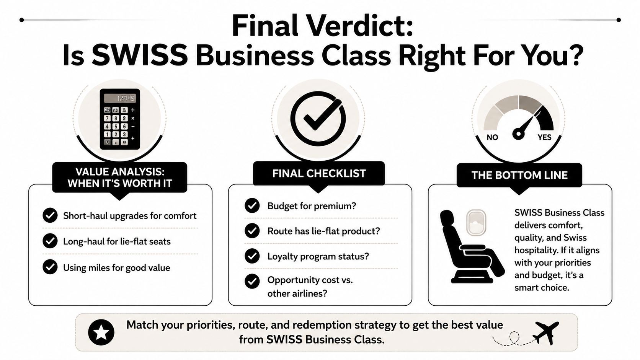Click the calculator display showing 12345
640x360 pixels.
[x=120, y=98]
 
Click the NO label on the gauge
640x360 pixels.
[x=492, y=137]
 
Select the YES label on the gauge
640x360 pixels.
[x=544, y=137]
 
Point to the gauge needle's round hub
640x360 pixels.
[x=518, y=134]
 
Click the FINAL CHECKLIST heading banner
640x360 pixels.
[x=319, y=173]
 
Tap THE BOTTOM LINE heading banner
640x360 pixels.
[x=519, y=175]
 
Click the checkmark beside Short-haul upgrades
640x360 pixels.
[x=50, y=215]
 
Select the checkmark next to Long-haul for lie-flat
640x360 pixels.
[x=50, y=241]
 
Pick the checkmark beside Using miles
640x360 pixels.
[x=50, y=267]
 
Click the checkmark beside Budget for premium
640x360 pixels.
[x=252, y=205]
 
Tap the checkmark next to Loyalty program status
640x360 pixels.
[x=252, y=256]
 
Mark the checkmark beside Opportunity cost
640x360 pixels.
[x=252, y=281]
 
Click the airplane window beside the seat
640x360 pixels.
[x=476, y=223]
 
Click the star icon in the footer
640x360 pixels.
[x=101, y=332]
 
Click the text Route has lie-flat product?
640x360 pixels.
[x=324, y=231]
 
